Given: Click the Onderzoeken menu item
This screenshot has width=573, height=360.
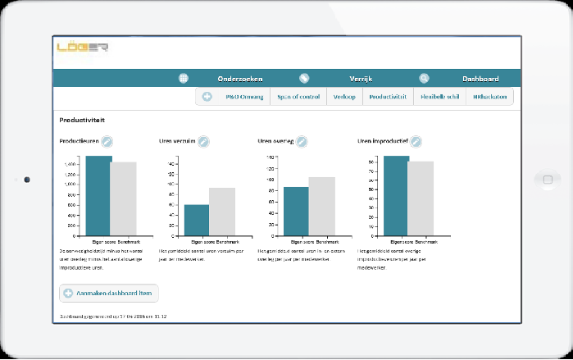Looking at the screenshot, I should (x=239, y=79).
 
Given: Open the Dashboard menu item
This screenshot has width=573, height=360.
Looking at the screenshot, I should (x=480, y=79).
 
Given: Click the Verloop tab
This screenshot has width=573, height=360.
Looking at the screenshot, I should (x=344, y=97).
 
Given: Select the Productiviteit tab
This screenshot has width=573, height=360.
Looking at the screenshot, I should (x=388, y=97).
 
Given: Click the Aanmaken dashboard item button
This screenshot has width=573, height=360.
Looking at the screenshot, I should (x=109, y=293).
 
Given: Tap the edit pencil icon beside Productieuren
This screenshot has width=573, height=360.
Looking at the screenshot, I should (x=107, y=142).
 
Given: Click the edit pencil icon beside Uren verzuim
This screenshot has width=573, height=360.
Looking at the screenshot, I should (x=203, y=142).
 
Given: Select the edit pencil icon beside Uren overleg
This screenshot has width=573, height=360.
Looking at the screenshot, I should (x=302, y=142).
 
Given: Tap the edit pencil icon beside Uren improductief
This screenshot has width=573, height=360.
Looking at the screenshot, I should (x=416, y=142).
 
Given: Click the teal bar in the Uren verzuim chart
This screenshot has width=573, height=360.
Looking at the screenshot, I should (x=197, y=220).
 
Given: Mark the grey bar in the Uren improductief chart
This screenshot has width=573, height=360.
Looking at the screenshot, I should (x=421, y=198).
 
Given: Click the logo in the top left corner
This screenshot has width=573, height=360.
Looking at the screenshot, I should (x=82, y=48).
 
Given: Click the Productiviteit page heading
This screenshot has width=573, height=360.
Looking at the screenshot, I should (x=81, y=120).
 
